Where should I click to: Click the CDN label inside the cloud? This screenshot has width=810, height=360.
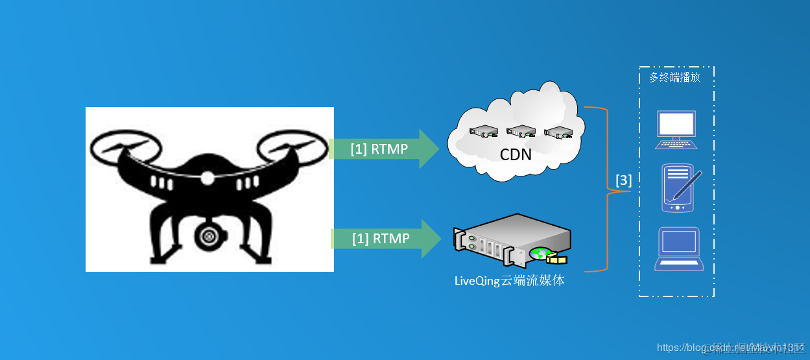pos(516,154)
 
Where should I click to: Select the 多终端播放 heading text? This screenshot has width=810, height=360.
pos(674,77)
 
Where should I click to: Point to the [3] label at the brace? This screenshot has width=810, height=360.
pos(623,180)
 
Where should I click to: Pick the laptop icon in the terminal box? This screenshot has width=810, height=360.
pos(678,248)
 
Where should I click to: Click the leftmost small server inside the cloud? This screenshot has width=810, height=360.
pos(483,130)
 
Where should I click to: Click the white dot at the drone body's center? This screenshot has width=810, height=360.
pos(208,177)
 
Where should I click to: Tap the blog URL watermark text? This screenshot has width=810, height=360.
pos(730,347)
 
